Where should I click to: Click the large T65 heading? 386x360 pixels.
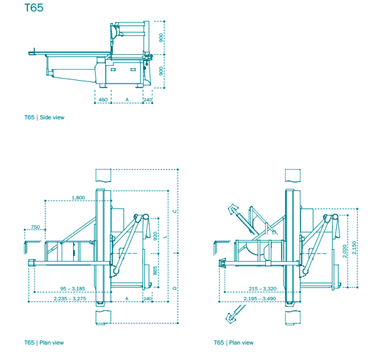(x=33, y=9)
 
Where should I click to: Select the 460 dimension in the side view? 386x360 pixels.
(x=103, y=100)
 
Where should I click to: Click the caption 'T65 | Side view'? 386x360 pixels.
(x=44, y=117)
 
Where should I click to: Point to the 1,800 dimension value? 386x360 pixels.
(x=79, y=197)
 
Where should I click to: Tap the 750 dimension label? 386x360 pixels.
(x=35, y=227)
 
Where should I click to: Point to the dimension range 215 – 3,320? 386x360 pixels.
(x=258, y=289)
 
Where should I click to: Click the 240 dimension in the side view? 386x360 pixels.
(x=147, y=100)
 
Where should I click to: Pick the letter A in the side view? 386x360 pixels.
(x=127, y=100)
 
